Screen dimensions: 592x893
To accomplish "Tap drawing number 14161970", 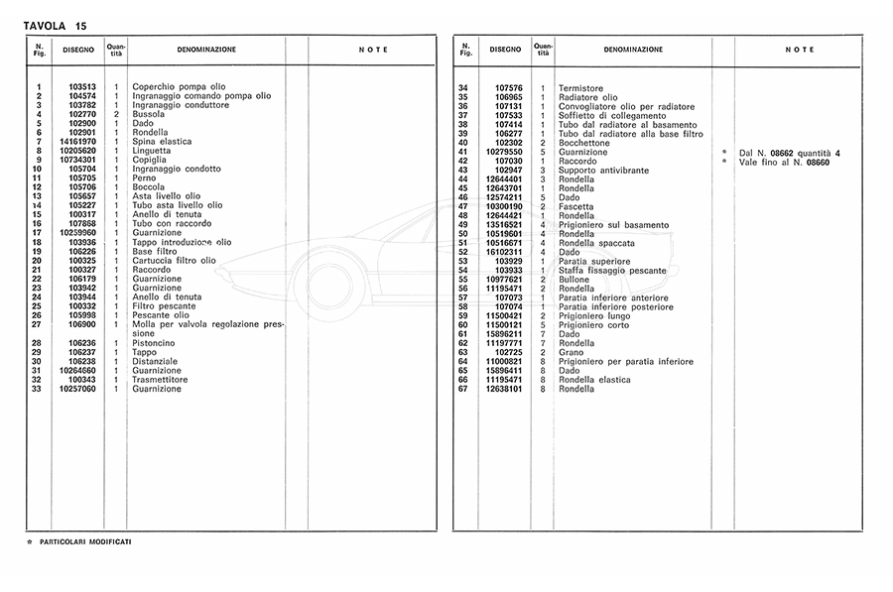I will pos(77,142).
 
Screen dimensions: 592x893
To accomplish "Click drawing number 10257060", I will pos(77,389).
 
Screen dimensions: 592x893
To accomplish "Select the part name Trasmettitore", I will pos(170,380).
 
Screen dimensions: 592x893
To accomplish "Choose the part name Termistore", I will pos(580,88).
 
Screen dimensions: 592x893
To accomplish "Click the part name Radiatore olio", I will pos(587,97).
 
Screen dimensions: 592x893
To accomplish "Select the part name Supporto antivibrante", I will pos(603,171).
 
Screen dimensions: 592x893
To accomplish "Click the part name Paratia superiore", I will pos(595,261).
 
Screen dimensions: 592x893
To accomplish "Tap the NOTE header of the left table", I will pos(373,50).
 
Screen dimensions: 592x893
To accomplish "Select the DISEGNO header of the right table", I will pos(504,49).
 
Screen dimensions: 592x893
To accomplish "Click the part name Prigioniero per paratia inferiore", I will pos(626,361).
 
